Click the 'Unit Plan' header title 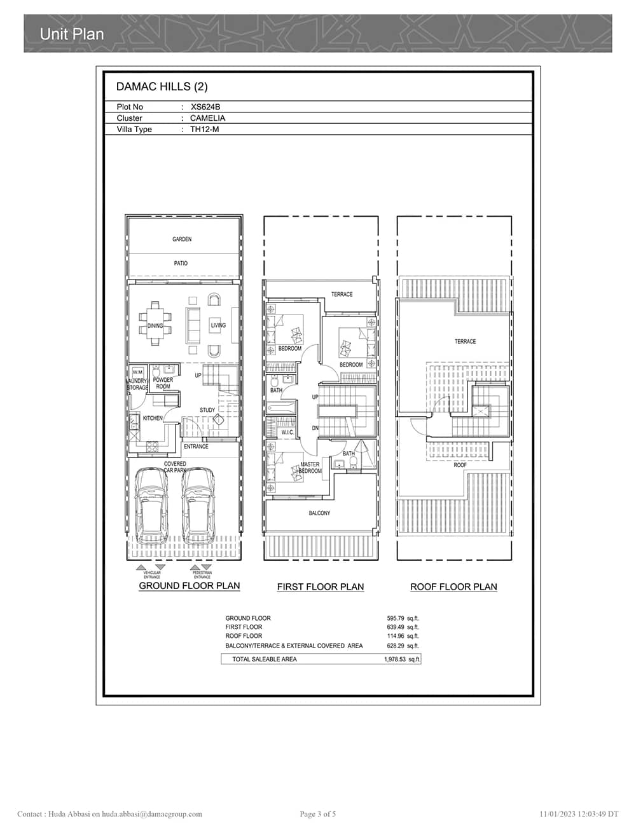click(71, 34)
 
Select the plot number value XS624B click(205, 107)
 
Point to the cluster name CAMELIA click(207, 118)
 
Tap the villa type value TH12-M click(204, 130)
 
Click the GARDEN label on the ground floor click(182, 240)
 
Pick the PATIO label click(181, 263)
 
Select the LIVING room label click(218, 325)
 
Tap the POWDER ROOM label click(163, 383)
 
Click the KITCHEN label click(153, 418)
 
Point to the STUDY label click(207, 410)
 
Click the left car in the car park click(152, 502)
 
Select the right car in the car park click(198, 502)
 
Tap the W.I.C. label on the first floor click(287, 433)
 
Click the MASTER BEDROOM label click(310, 468)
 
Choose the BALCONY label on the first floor click(319, 513)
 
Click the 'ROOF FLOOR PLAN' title click(453, 587)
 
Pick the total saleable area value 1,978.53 click(394, 660)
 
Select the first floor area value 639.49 click(395, 627)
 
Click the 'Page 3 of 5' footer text click(317, 814)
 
